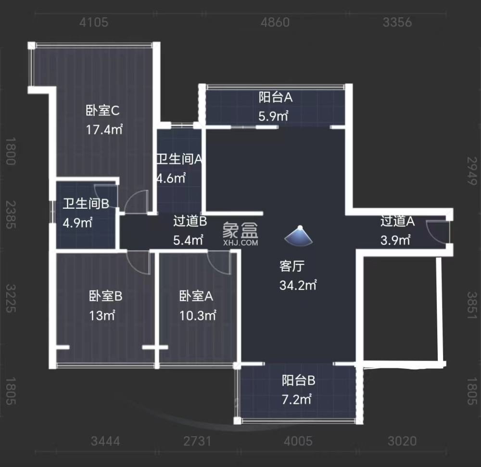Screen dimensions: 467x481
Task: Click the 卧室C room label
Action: coord(102,111)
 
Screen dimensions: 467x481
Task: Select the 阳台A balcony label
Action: coord(276,98)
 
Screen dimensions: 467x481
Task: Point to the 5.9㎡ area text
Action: coord(273,115)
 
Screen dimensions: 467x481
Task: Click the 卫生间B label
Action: coord(85,204)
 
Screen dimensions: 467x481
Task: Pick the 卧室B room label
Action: coord(106,296)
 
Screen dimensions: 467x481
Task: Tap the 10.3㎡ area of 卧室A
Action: coord(198,316)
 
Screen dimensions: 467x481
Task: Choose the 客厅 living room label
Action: coord(292,266)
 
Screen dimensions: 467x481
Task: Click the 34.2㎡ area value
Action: coord(298,285)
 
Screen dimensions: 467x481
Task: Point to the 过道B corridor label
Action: coord(190,221)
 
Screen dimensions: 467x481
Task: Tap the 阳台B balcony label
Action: coord(298,381)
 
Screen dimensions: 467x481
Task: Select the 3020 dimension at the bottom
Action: coord(402,441)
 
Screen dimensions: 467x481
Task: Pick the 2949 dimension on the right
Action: coord(473,171)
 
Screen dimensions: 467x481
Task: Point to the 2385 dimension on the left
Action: coord(10,215)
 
